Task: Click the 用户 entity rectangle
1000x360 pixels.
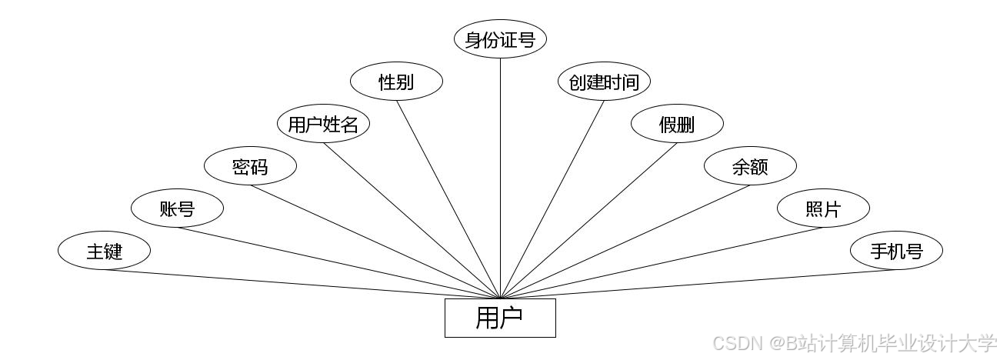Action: [x=500, y=318]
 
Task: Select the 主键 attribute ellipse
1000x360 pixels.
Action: [x=104, y=251]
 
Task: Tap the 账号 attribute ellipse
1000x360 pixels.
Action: [x=177, y=208]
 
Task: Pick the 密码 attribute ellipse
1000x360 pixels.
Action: [x=250, y=166]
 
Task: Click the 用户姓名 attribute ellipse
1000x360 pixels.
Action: [x=323, y=124]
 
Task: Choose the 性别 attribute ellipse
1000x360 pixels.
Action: [x=396, y=82]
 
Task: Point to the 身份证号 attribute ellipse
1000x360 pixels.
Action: [x=500, y=39]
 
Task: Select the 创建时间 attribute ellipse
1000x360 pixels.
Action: [x=604, y=82]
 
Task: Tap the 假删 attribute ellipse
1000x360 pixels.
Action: [x=677, y=124]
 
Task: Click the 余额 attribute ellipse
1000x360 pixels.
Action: [x=750, y=166]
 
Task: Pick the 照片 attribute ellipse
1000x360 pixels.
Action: [x=823, y=208]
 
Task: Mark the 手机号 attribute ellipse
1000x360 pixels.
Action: [x=896, y=251]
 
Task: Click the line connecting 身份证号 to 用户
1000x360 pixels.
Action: [x=500, y=177]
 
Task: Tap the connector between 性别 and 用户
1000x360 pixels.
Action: [x=448, y=199]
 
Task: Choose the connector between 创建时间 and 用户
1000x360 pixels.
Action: [x=552, y=199]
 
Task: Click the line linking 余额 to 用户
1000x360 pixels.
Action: [x=625, y=242]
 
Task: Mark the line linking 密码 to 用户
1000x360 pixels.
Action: [x=375, y=242]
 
